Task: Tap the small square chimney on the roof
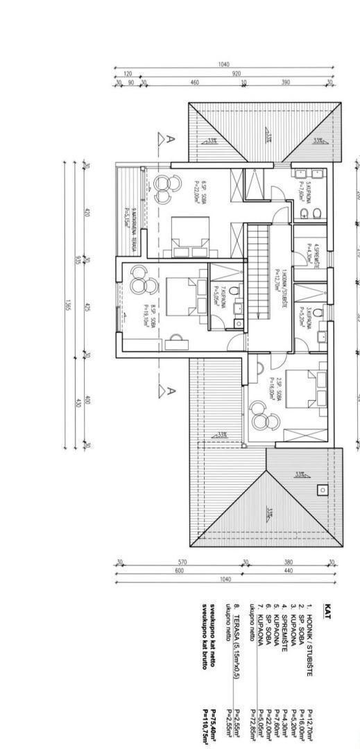[323, 490]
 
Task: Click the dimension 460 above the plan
[195, 83]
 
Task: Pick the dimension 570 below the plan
[182, 562]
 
